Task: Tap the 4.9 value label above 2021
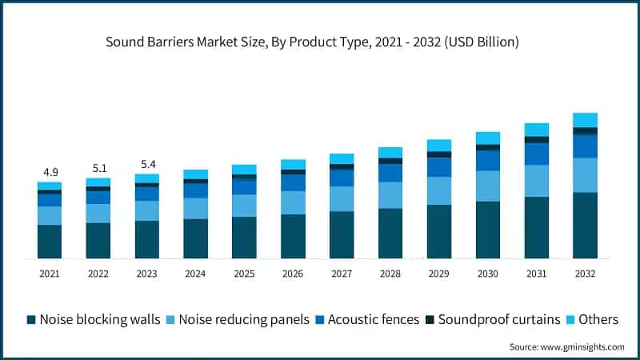click(50, 172)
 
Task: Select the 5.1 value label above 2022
click(98, 168)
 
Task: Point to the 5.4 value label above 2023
click(147, 163)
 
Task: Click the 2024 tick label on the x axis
click(196, 274)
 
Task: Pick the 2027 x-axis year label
click(342, 274)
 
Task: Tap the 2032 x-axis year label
click(585, 274)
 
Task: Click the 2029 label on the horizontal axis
click(439, 274)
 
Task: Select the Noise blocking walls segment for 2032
click(585, 225)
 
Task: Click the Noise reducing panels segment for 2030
click(488, 186)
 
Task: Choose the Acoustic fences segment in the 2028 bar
click(390, 173)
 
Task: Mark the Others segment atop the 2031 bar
click(537, 130)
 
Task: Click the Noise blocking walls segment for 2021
click(50, 241)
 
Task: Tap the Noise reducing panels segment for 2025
click(245, 206)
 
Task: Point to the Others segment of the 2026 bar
click(293, 164)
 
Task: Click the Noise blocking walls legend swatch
click(31, 320)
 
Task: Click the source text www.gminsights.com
click(566, 347)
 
